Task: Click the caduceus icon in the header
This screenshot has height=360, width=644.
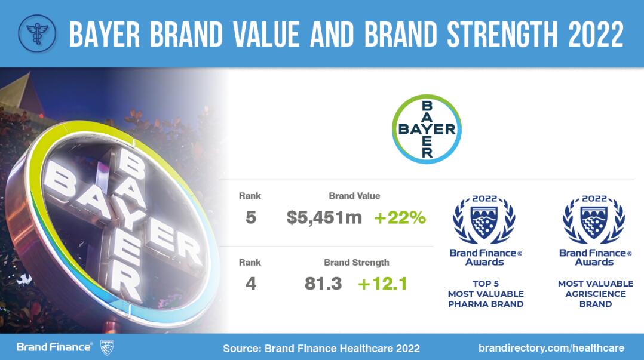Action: [38, 33]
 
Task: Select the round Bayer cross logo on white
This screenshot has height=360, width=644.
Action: [427, 129]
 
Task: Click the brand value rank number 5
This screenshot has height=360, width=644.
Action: [250, 217]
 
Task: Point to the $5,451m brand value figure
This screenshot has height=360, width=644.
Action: [324, 217]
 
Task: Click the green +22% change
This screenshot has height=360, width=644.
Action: [400, 217]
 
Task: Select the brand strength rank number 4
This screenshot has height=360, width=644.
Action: [250, 284]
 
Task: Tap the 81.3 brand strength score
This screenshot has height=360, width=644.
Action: [323, 284]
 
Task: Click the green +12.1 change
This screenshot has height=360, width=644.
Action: [382, 284]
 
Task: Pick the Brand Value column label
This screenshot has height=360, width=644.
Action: [354, 196]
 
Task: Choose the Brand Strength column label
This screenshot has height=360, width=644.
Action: [357, 263]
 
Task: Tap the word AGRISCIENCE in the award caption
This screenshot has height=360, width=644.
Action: [596, 294]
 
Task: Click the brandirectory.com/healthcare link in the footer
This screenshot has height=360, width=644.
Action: [551, 348]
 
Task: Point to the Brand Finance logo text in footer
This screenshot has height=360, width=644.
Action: [54, 347]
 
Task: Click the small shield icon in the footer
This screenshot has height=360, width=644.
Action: [107, 347]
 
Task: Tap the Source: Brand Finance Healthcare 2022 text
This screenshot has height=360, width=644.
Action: [321, 349]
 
